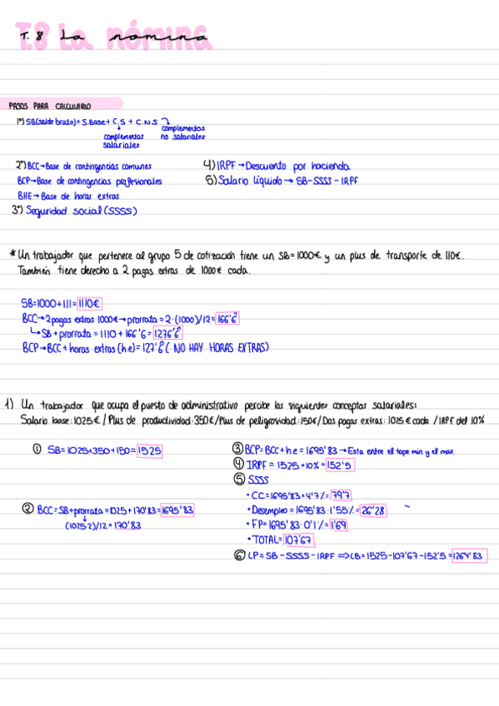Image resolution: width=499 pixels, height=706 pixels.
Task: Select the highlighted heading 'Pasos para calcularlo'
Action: pyautogui.click(x=50, y=107)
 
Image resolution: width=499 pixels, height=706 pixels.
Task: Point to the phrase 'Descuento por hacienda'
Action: pyautogui.click(x=298, y=166)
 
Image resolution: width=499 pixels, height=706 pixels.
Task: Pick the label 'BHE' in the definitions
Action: pyautogui.click(x=24, y=196)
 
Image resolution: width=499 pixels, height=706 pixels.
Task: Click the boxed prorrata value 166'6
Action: pyautogui.click(x=227, y=318)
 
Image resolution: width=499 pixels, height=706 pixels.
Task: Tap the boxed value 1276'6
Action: pyautogui.click(x=169, y=333)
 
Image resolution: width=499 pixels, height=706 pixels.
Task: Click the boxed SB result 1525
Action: pyautogui.click(x=149, y=450)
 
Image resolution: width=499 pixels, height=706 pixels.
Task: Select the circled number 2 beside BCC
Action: pyautogui.click(x=28, y=510)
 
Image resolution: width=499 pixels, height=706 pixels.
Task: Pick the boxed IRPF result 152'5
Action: pyautogui.click(x=319, y=465)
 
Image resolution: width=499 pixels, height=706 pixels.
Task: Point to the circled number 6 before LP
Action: pyautogui.click(x=239, y=555)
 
